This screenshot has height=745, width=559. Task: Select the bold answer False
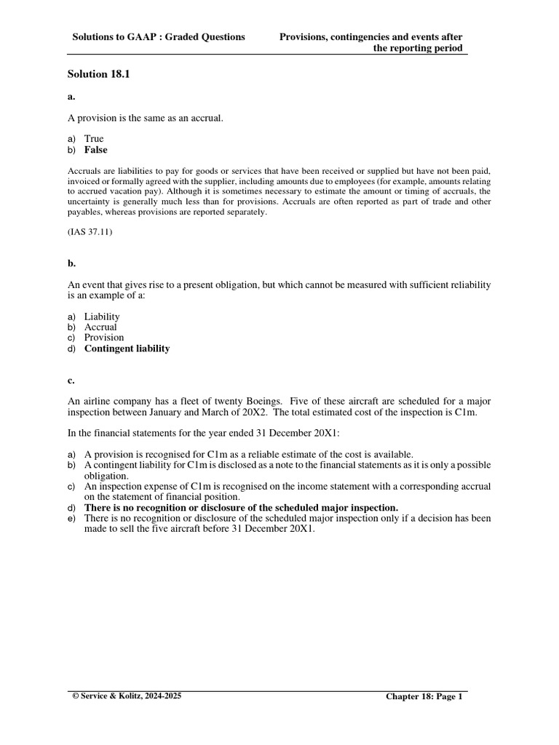tap(95, 150)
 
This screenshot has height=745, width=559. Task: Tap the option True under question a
tap(94, 138)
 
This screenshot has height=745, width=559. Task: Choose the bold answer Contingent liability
tap(127, 348)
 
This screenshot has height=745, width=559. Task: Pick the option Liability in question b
tap(102, 316)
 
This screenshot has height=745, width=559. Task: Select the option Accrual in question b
tap(100, 327)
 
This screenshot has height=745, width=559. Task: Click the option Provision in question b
tap(104, 338)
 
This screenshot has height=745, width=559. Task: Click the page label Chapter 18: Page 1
tap(424, 696)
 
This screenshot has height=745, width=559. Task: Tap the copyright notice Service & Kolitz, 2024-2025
tap(128, 696)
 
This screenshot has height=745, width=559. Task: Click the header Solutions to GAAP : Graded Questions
tap(159, 36)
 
